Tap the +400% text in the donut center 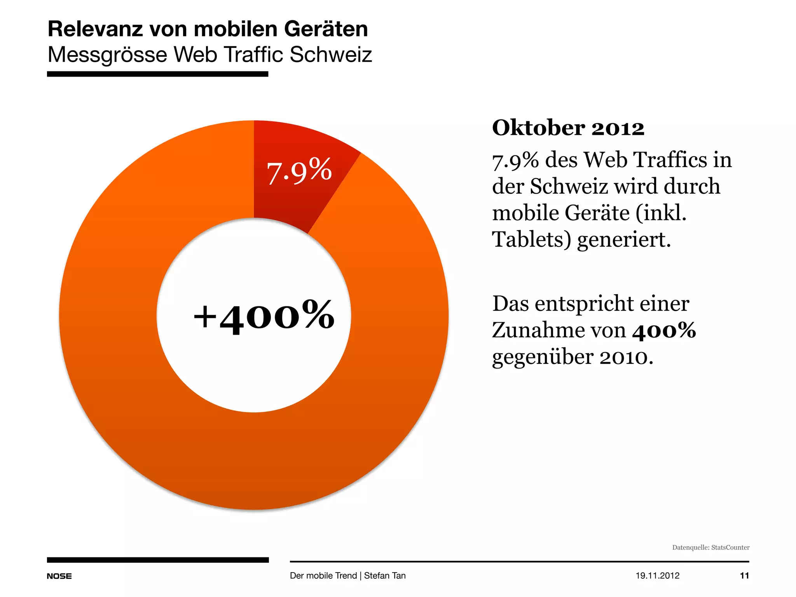[264, 316]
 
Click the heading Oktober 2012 [568, 128]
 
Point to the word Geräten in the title [326, 29]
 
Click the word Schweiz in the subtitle [330, 54]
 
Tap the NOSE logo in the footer [59, 576]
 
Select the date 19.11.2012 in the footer [657, 576]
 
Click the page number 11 [744, 576]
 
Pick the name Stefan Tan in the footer [385, 576]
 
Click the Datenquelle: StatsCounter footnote [710, 547]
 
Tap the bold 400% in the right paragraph [664, 330]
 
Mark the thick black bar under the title [157, 74]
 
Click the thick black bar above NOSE [157, 560]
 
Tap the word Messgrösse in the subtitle [107, 54]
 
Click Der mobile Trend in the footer [323, 576]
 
